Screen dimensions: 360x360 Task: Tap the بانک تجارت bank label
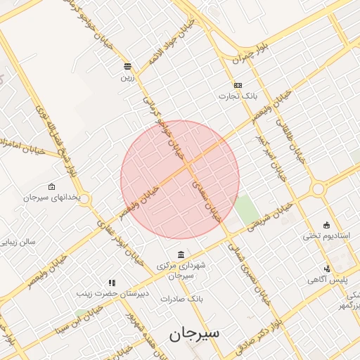pyautogui.click(x=246, y=95)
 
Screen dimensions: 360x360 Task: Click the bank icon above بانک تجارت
pyautogui.click(x=238, y=85)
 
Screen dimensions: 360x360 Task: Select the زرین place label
pyautogui.click(x=127, y=77)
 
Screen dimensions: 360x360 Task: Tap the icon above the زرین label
pyautogui.click(x=127, y=67)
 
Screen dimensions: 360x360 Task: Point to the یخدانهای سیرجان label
pyautogui.click(x=51, y=198)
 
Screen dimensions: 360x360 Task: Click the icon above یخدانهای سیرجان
pyautogui.click(x=51, y=187)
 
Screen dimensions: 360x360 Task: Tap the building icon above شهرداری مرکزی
pyautogui.click(x=181, y=254)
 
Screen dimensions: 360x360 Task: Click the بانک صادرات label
pyautogui.click(x=181, y=299)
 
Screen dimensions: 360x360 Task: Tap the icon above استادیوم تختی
pyautogui.click(x=326, y=224)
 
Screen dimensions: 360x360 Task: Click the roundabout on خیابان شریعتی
pyautogui.click(x=318, y=188)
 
